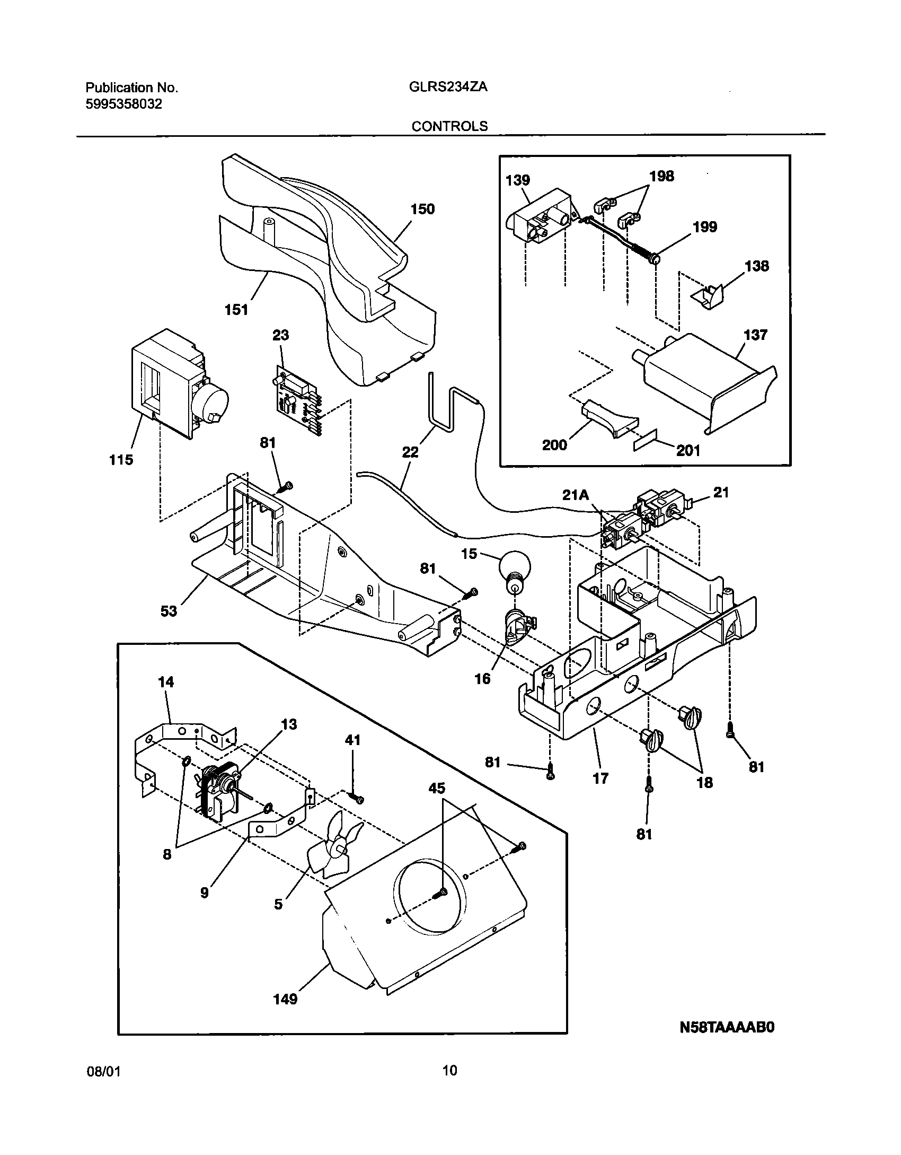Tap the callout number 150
[x=422, y=209]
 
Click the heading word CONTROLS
[x=449, y=126]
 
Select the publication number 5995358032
[x=123, y=104]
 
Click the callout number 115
[x=121, y=460]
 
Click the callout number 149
[x=285, y=999]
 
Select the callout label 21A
[x=575, y=495]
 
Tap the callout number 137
[x=755, y=335]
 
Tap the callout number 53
[x=169, y=611]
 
